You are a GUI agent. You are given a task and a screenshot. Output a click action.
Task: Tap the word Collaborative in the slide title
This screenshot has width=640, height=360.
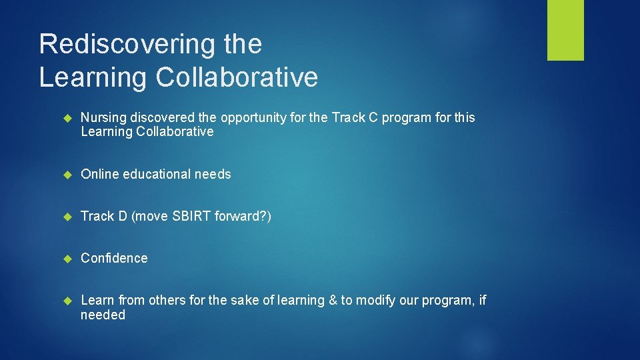237,77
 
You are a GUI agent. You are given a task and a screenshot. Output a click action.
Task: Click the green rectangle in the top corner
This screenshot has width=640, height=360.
565,30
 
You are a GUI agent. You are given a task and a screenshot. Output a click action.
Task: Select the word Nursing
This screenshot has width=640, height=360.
103,117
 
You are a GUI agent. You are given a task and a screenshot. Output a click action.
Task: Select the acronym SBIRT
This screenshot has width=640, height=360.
192,216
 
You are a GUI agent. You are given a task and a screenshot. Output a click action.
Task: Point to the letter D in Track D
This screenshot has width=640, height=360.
122,216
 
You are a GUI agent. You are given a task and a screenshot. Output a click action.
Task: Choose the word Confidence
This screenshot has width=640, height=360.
114,258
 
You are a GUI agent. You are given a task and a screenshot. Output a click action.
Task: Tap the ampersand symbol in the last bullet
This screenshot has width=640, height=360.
333,300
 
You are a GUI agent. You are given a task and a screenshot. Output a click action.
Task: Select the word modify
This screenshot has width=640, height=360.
375,301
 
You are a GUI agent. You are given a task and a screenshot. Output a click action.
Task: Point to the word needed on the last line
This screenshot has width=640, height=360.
103,315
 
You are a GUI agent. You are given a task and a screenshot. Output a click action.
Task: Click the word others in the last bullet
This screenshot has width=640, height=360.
167,300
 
